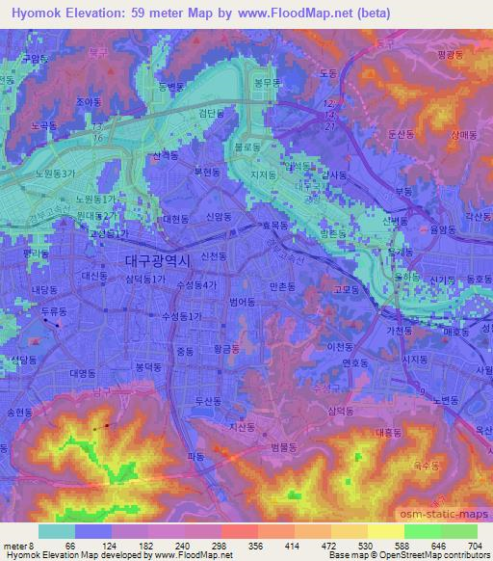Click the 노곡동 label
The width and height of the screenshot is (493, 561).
(x=43, y=125)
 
